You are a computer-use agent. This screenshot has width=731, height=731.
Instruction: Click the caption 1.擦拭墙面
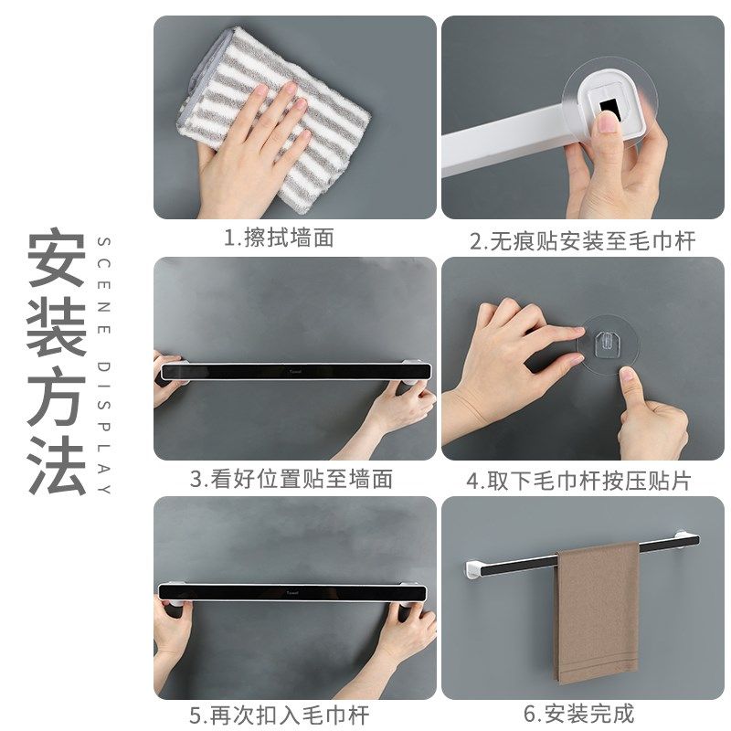click(x=279, y=239)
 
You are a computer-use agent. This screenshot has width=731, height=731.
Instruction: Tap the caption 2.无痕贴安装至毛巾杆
click(x=582, y=241)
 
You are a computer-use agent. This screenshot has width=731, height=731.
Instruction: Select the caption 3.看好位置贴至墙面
click(x=291, y=478)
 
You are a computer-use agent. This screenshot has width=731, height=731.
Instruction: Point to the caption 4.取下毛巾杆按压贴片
click(x=579, y=480)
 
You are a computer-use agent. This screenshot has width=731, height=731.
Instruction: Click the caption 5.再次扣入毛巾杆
click(x=279, y=714)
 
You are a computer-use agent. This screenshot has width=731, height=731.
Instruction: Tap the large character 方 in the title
click(x=57, y=398)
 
